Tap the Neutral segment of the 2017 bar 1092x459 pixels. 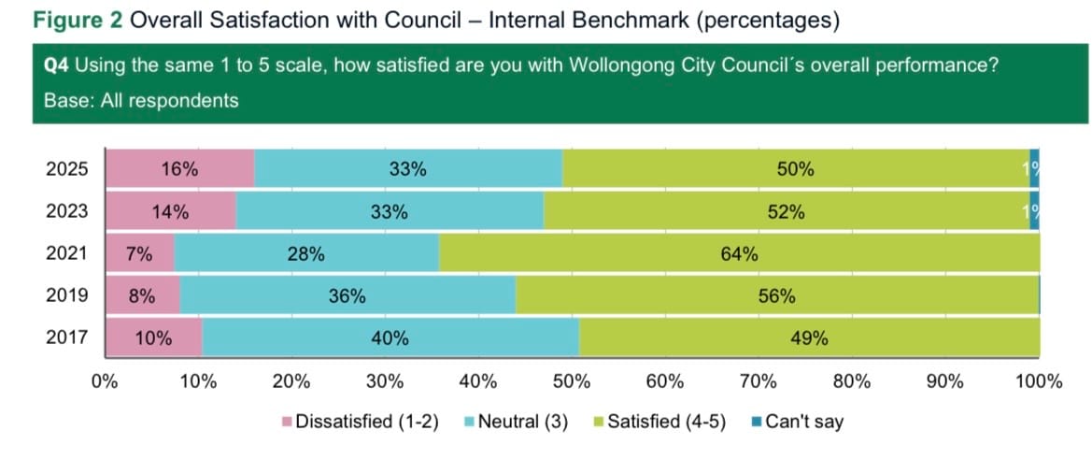click(x=390, y=338)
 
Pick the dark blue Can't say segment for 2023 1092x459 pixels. click(x=1034, y=211)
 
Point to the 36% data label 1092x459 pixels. click(x=347, y=296)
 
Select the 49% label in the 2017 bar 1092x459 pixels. click(x=809, y=338)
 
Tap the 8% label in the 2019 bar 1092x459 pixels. click(x=141, y=296)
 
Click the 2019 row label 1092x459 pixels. click(x=67, y=295)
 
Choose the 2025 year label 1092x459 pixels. click(x=67, y=169)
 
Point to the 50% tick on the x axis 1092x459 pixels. click(x=572, y=380)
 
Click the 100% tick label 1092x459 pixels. click(x=1038, y=380)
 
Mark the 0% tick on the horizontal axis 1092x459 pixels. click(x=105, y=380)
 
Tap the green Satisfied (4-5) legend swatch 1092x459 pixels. click(x=599, y=423)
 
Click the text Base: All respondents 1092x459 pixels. click(x=141, y=100)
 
